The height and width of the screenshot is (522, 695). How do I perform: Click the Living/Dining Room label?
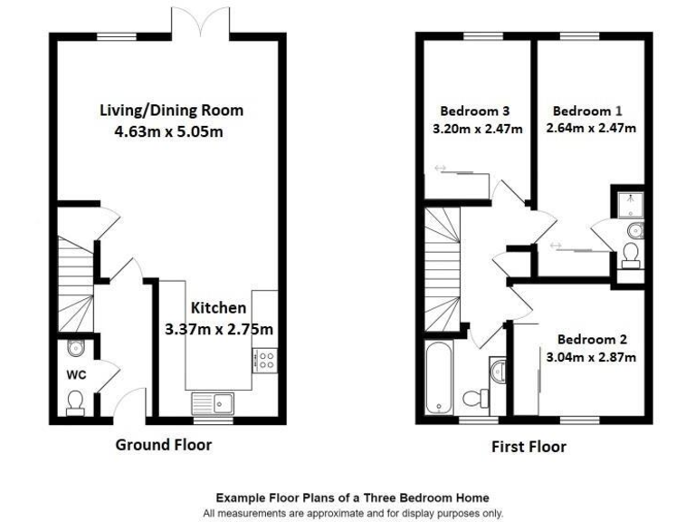tap(171, 111)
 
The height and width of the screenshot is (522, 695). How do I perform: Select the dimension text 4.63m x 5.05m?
tap(171, 131)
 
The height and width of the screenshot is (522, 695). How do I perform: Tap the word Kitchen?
tap(217, 308)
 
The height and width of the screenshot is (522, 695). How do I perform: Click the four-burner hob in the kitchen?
tap(267, 360)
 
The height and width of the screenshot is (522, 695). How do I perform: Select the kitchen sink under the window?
tap(213, 401)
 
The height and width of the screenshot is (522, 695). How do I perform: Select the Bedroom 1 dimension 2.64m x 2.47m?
tap(591, 129)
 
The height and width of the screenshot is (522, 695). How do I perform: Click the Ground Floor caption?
tap(163, 445)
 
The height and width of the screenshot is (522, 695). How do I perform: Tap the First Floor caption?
tap(528, 446)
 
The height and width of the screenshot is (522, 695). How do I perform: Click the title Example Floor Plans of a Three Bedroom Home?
tap(352, 498)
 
